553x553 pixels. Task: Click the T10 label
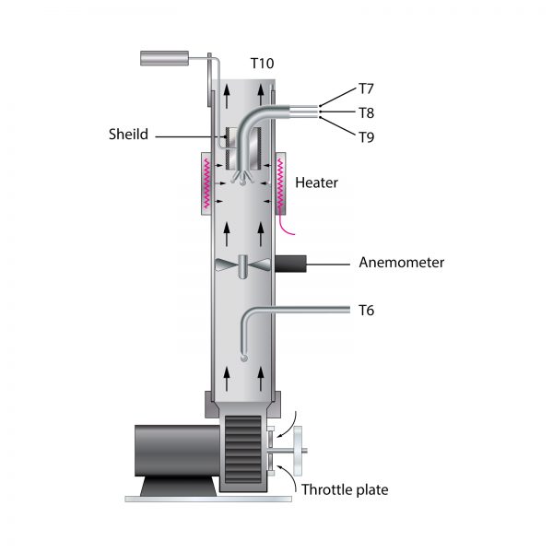262,64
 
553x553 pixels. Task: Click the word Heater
316,182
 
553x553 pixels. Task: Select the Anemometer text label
401,263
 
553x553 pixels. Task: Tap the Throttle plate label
345,489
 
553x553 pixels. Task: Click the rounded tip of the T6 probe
243,359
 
